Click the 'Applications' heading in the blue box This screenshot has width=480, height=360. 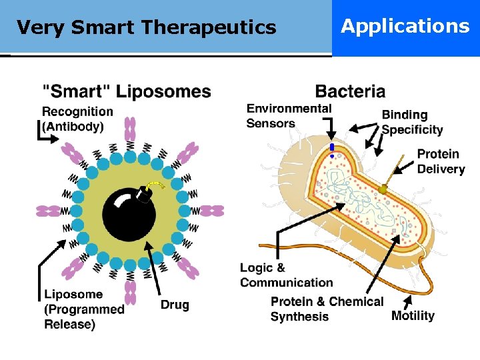click(405, 26)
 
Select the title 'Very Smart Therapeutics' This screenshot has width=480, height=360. click(146, 27)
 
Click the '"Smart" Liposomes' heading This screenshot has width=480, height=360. click(127, 91)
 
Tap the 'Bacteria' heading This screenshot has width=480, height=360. click(350, 91)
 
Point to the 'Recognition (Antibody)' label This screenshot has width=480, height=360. click(77, 119)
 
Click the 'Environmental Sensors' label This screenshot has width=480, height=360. click(289, 115)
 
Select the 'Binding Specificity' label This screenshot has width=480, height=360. click(412, 122)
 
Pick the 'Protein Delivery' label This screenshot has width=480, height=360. click(441, 161)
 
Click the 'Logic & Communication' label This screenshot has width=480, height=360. click(286, 275)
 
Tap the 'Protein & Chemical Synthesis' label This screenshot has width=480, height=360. click(327, 309)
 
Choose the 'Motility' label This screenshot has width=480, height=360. click(413, 315)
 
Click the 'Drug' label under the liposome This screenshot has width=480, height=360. click(175, 305)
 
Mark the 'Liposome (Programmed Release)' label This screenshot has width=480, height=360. click(84, 309)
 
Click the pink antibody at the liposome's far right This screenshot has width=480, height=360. click(212, 211)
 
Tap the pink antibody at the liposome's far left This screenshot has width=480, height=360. click(48, 211)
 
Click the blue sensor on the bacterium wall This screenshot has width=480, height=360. click(331, 148)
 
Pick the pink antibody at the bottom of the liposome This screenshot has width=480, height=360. click(131, 293)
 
